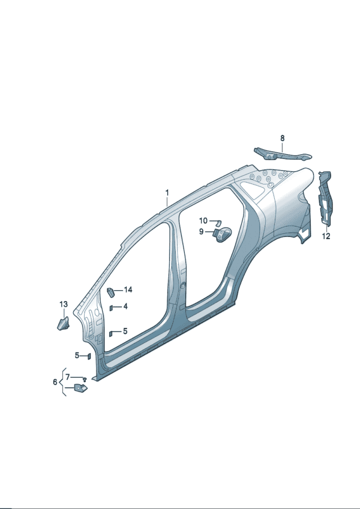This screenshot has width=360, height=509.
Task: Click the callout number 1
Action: click(x=167, y=193)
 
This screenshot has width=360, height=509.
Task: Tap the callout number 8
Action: click(x=283, y=138)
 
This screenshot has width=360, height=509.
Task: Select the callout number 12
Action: click(x=326, y=236)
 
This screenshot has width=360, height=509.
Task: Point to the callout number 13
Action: click(x=64, y=304)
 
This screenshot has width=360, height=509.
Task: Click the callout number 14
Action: click(x=128, y=290)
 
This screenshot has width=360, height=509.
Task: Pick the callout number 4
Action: click(x=125, y=306)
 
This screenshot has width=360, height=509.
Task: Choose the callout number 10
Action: click(x=203, y=221)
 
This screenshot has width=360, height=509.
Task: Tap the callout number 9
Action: click(x=202, y=232)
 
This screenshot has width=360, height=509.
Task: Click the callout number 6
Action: click(x=55, y=382)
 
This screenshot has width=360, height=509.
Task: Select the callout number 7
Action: click(x=68, y=377)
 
